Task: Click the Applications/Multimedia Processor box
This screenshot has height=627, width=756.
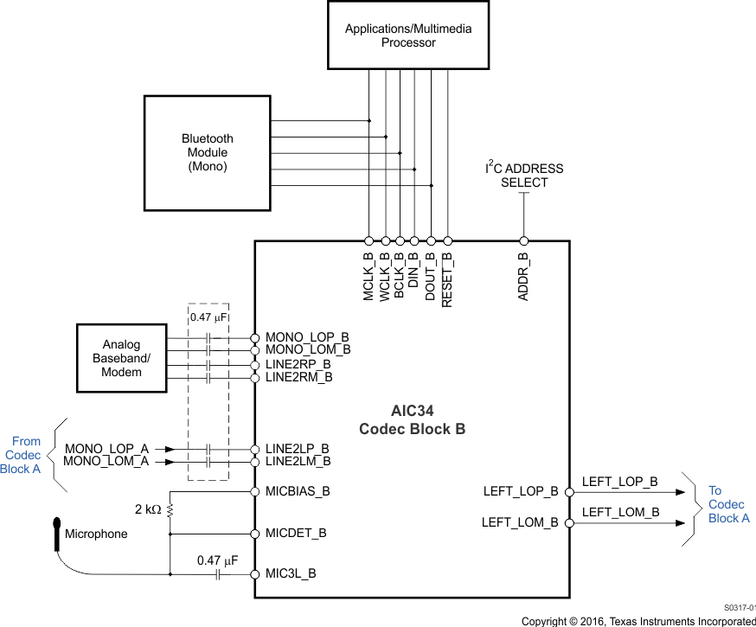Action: click(x=408, y=35)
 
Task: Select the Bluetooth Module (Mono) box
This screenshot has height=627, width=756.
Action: click(x=207, y=152)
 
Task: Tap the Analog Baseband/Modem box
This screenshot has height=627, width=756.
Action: click(x=121, y=358)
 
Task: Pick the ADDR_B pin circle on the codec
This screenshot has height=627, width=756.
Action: click(x=523, y=241)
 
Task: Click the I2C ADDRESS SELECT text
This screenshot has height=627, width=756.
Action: click(x=523, y=175)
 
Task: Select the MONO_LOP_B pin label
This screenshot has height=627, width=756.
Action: click(x=307, y=336)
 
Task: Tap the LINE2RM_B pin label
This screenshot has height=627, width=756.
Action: click(x=298, y=377)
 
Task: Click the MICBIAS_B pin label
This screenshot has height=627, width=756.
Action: click(x=298, y=491)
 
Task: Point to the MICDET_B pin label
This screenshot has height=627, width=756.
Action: click(x=296, y=533)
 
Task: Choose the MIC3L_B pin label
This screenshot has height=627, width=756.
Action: click(x=291, y=573)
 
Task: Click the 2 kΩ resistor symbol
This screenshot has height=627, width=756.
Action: click(x=170, y=510)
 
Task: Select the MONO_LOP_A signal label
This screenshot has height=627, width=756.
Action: click(x=106, y=449)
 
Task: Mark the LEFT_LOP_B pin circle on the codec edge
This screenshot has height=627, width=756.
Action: click(x=569, y=492)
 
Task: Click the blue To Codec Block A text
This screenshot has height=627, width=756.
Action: click(x=728, y=504)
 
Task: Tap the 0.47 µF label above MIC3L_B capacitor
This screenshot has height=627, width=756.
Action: click(x=217, y=560)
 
